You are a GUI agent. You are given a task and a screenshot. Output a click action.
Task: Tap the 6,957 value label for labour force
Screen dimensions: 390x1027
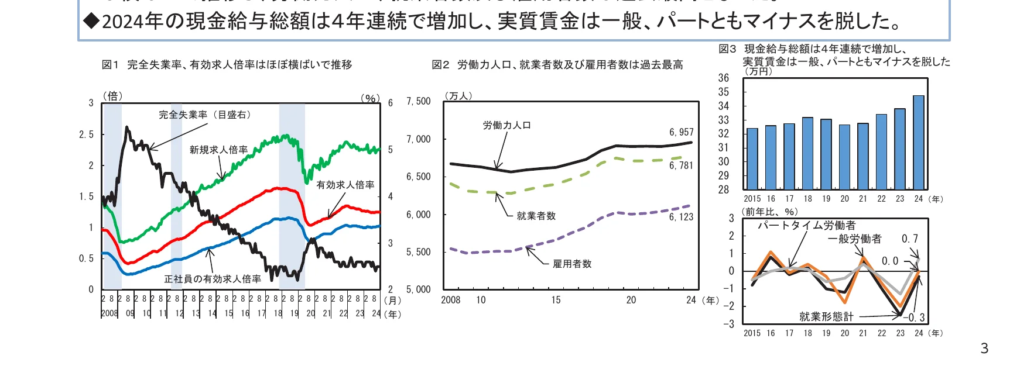[x=681, y=133]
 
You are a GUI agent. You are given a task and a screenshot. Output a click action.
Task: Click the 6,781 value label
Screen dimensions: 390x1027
[x=681, y=166]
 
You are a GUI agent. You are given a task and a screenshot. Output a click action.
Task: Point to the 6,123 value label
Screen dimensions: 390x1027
[x=681, y=217]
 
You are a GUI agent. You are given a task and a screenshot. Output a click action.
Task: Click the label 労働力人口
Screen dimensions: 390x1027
[x=506, y=126]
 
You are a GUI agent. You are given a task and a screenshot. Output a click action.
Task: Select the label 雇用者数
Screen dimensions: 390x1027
[x=572, y=264]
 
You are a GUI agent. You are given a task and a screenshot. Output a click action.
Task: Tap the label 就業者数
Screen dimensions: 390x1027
[x=536, y=216]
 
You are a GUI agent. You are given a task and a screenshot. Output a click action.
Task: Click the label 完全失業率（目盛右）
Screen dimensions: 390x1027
[x=206, y=115]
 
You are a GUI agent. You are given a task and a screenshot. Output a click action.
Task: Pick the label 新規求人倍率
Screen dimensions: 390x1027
[x=218, y=150]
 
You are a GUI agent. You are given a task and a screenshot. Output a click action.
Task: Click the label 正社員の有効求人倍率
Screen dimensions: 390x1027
[x=213, y=279]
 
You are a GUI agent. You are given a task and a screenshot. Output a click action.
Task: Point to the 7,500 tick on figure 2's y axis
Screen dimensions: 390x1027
[x=419, y=102]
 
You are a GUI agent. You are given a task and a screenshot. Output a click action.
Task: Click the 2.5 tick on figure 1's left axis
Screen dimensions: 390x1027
[x=86, y=135]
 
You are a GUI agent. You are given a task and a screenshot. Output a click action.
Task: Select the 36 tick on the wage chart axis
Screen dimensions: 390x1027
[x=724, y=78]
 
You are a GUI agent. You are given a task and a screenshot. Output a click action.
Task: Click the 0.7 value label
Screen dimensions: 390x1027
[x=910, y=239]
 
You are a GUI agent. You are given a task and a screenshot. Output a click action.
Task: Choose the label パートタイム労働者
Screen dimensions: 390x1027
[x=806, y=226]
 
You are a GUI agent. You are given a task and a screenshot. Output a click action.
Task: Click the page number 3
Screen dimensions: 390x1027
[x=984, y=349]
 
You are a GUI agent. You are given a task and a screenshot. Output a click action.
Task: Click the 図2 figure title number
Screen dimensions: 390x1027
[x=440, y=65]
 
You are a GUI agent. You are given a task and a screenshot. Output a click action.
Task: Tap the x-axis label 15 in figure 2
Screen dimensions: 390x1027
[x=556, y=301]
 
